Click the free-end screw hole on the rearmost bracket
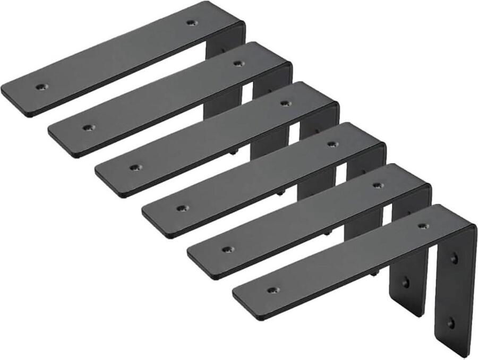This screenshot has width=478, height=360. (40, 86)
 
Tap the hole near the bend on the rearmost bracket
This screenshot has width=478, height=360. (191, 23)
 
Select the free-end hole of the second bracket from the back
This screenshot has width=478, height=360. (88, 127)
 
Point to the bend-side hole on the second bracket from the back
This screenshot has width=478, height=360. (238, 63)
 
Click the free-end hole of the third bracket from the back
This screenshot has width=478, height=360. (135, 167)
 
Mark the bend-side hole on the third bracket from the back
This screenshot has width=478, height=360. (285, 104)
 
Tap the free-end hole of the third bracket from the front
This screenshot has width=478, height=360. (181, 208)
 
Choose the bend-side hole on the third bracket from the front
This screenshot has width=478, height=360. (332, 144)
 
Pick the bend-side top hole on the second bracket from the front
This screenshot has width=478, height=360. (378, 185)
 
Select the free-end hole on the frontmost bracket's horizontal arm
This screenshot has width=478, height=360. (272, 290)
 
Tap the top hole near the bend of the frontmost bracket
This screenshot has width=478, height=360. (423, 226)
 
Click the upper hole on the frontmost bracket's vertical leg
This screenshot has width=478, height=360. (454, 259)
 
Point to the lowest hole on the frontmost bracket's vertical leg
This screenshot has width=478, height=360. (450, 322)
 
